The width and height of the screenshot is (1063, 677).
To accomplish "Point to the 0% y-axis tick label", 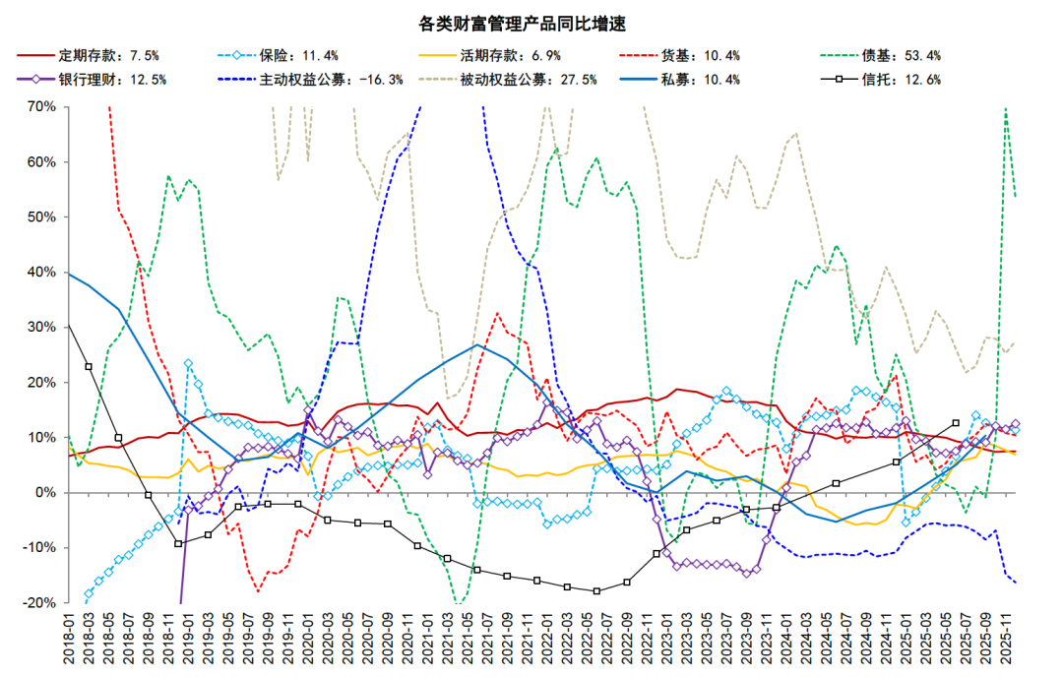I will [x=43, y=492].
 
